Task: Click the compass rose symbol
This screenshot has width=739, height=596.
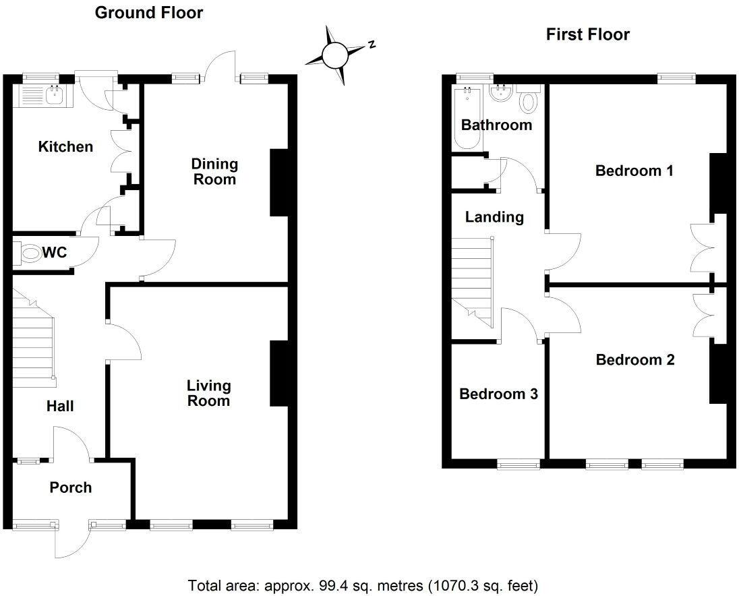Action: [x=334, y=55]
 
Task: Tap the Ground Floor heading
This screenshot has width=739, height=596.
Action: [x=148, y=12]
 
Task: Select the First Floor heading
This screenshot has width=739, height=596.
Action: [x=587, y=34]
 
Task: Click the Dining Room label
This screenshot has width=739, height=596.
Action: [x=214, y=171]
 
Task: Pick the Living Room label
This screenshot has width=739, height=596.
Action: [x=208, y=393]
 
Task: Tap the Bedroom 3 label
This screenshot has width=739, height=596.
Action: [x=498, y=394]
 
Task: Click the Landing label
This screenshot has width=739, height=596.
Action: [x=494, y=216]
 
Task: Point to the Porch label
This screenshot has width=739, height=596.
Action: [x=70, y=487]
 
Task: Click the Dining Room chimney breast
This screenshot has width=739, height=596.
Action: [x=278, y=182]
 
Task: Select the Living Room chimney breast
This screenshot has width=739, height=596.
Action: [x=278, y=374]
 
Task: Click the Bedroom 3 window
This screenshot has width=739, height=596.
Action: [x=519, y=464]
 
